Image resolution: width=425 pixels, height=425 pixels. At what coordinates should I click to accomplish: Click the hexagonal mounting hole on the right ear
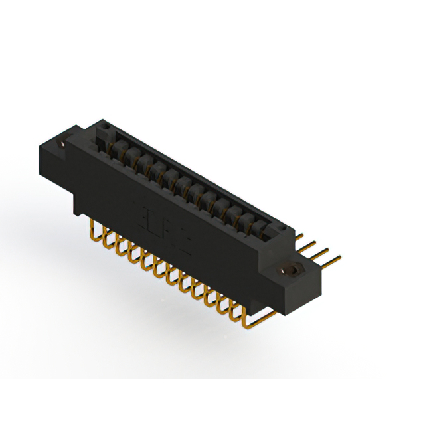(x=290, y=272)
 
